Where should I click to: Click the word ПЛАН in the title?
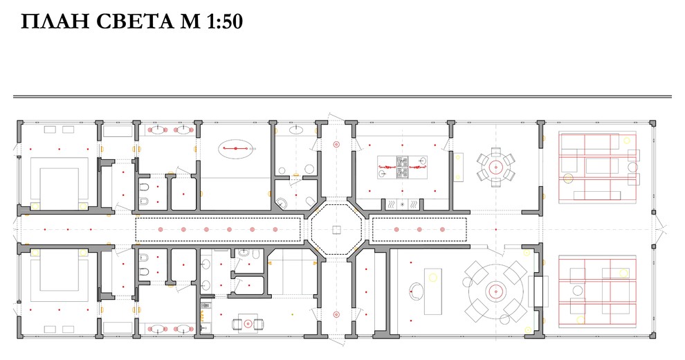coord(55,21)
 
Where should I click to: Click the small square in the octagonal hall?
coord(336,229)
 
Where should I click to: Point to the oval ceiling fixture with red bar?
coord(235,149)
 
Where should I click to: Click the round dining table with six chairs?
coord(496,167)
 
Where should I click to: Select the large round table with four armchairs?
coord(496,291)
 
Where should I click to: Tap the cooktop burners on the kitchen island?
coord(402,167)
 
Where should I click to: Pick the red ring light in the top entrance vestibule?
coord(336,144)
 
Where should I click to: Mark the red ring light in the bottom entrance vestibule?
coord(336,314)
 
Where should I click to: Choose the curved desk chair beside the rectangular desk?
coord(415,291)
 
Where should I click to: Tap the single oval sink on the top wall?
coord(297,129)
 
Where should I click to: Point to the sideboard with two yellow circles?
coord(458,166)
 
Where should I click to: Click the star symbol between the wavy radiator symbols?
coord(402,204)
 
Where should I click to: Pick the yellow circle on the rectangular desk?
coord(432,277)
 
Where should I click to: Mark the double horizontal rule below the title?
coord(342,96)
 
